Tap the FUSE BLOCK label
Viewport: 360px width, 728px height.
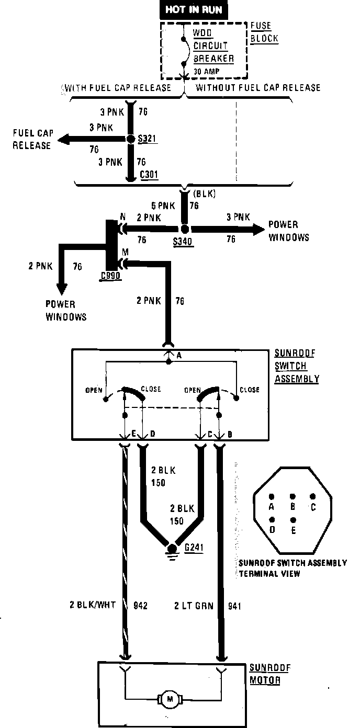(264, 32)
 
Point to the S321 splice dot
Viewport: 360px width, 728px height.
(131, 139)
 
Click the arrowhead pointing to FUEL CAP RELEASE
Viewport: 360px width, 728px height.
(64, 139)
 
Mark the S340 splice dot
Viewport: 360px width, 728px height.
(184, 229)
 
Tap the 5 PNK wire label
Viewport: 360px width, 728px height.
(162, 206)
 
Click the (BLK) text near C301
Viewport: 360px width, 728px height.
(204, 194)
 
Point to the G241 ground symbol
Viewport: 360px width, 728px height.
(171, 549)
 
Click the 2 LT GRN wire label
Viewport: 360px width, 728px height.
(194, 606)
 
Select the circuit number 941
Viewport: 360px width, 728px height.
(235, 606)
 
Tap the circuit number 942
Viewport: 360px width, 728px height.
(140, 606)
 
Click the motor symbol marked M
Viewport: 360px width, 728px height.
(168, 698)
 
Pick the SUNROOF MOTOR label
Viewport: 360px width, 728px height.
(270, 674)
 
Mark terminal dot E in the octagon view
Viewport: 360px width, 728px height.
(292, 520)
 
